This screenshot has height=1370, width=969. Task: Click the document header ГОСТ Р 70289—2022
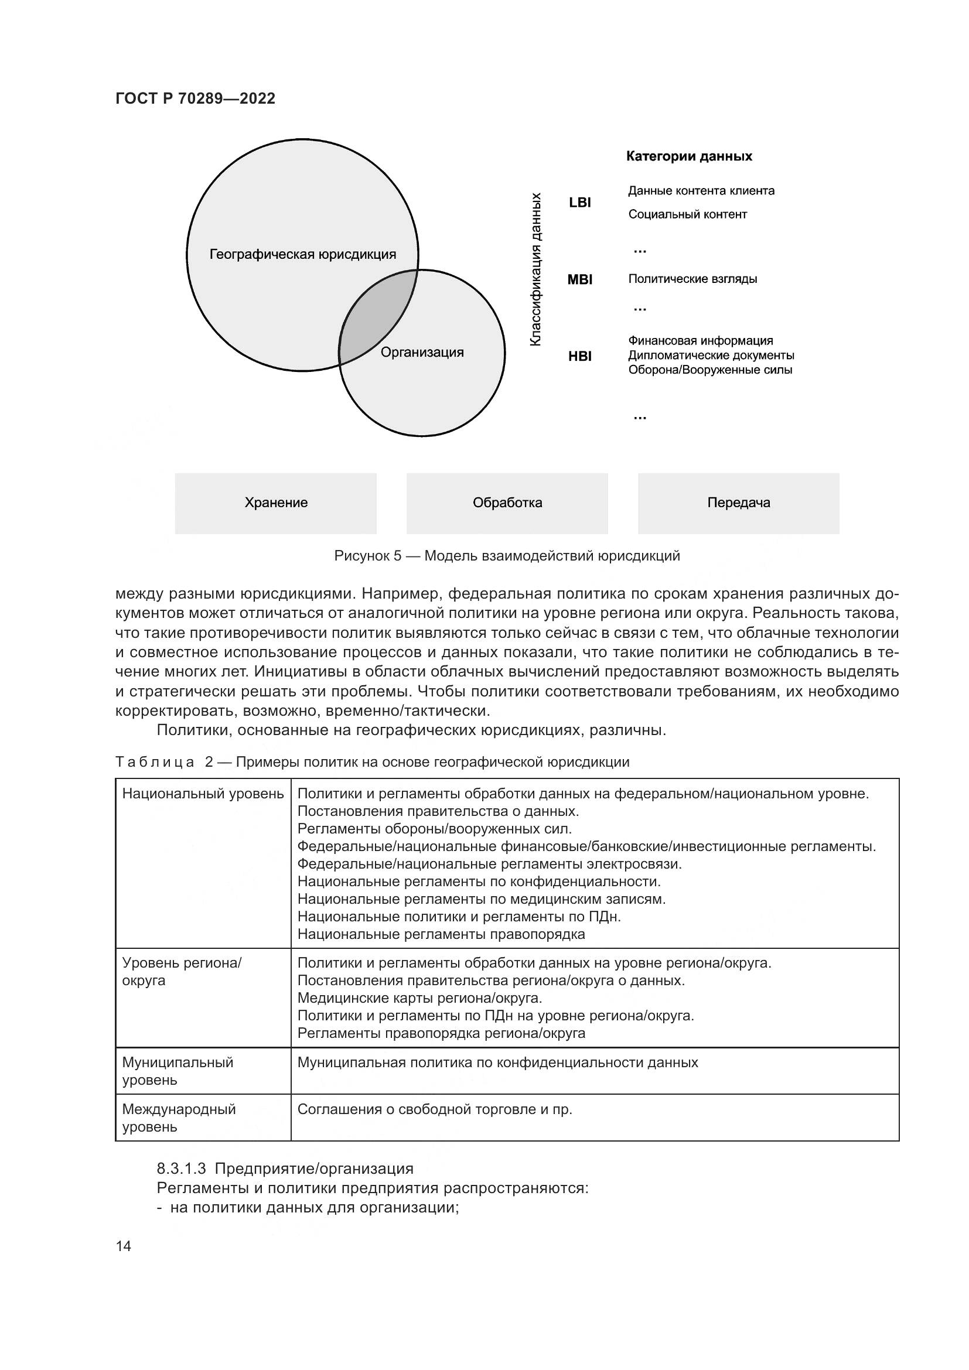[x=195, y=98]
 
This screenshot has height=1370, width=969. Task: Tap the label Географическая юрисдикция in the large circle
[x=302, y=255]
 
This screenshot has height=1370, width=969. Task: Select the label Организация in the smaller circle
[x=422, y=352]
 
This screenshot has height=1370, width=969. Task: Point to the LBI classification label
[x=579, y=202]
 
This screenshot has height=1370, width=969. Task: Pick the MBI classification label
[x=579, y=279]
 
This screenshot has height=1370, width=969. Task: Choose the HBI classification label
[x=579, y=356]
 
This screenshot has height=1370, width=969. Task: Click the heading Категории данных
[x=688, y=156]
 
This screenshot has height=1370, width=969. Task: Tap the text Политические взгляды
[x=692, y=279]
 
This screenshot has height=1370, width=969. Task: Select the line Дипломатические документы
[x=711, y=356]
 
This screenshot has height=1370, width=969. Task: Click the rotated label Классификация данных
[x=536, y=268]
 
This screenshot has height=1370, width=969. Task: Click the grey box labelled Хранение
[x=276, y=503]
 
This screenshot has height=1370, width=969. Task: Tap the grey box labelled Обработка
[x=507, y=503]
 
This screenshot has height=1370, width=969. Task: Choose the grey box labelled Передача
[x=738, y=503]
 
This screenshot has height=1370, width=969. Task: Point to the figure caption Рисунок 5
[x=507, y=556]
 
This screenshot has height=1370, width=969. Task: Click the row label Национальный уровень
[x=203, y=794]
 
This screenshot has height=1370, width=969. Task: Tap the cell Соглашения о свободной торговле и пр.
[x=434, y=1109]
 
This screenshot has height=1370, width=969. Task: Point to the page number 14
[x=124, y=1246]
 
